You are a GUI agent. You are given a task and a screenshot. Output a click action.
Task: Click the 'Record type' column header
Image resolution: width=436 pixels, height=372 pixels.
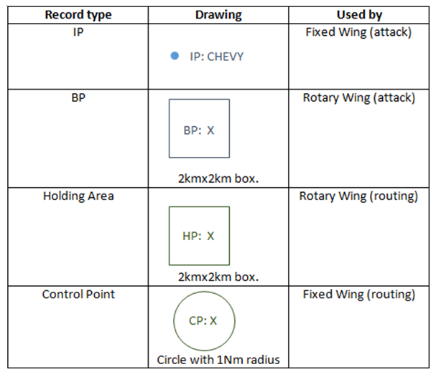pos(78,15)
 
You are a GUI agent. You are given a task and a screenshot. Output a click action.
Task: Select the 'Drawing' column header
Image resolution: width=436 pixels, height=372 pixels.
pos(218,15)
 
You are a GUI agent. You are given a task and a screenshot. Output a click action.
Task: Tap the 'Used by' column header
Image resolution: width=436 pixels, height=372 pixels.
pos(359,15)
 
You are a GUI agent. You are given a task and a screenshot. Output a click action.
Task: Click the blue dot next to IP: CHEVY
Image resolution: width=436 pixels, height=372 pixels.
pos(175,56)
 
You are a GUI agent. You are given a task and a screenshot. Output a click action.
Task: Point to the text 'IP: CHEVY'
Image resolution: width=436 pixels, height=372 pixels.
pos(217,57)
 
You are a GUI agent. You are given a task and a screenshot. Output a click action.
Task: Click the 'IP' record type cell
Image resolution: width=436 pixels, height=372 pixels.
pos(78,32)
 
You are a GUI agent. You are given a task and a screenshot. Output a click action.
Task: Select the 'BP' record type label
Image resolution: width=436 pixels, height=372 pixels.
pos(78,97)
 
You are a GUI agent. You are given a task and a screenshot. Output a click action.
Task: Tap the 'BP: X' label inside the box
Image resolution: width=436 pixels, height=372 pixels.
pos(199,130)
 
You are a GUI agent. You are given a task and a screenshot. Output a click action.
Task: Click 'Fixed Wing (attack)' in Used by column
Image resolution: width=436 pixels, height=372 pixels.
pos(358,32)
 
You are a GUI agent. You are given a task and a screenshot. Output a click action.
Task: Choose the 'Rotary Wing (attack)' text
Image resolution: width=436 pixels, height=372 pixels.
pos(358,97)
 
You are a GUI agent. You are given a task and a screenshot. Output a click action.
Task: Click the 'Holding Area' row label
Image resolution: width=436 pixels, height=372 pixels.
pos(78,196)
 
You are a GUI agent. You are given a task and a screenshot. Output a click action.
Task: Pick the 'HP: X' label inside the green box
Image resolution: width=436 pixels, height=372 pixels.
pos(198,236)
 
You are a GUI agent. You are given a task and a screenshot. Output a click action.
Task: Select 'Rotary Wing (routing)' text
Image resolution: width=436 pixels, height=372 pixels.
pos(358,196)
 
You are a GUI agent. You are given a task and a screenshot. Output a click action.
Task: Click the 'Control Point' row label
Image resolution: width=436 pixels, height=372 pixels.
pos(78,295)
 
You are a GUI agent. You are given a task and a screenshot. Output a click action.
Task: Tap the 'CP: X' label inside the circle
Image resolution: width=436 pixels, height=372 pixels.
pos(203,321)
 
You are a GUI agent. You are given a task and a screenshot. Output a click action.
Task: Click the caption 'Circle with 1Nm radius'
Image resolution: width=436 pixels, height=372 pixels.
pos(218,360)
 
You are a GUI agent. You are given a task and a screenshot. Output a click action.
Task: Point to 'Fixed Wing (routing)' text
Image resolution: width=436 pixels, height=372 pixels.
pos(358,295)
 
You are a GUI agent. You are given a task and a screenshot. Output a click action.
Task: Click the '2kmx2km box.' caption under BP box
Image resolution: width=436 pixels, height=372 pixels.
pos(218,178)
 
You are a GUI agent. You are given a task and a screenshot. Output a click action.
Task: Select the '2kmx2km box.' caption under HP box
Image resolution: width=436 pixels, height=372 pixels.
pos(218,277)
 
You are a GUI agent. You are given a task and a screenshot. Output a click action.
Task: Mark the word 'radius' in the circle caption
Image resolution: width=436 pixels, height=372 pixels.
pos(263,360)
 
